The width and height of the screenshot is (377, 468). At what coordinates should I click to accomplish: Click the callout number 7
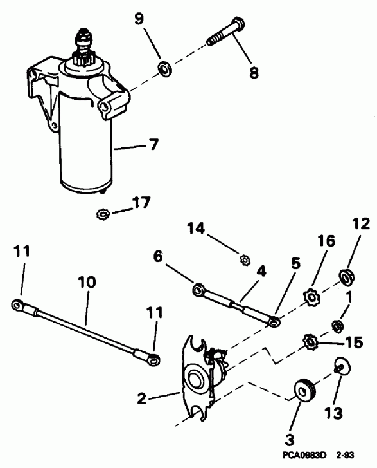153,145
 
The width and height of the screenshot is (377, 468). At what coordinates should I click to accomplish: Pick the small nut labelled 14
244,261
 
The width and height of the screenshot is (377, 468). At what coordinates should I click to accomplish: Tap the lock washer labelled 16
311,299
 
